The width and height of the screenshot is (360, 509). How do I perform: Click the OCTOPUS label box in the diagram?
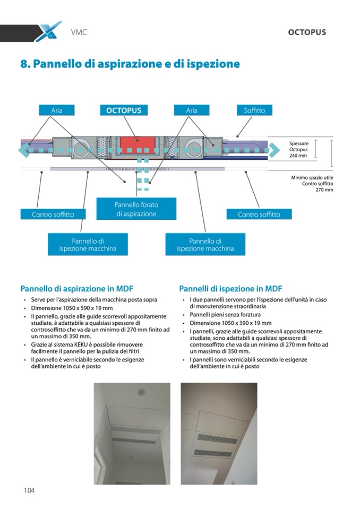pos(124,110)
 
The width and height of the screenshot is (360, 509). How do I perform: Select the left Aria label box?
pos(57,110)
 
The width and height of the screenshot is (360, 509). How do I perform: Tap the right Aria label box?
pos(192,110)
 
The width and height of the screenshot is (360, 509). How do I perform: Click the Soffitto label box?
pos(254,110)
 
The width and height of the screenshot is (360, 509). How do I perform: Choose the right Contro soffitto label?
pos(260,214)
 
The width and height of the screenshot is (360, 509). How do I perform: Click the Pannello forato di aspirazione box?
pos(136,209)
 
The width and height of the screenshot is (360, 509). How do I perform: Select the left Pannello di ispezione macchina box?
pos(88,245)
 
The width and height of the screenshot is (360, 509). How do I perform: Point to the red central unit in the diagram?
pos(138,145)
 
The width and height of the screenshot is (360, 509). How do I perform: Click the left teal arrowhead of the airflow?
pos(23,151)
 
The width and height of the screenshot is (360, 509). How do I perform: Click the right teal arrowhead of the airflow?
pos(274,151)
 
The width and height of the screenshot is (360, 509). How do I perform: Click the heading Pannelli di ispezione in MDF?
pos(230,289)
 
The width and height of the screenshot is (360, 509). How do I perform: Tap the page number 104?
pos(29,490)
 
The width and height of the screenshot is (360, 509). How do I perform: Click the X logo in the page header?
pos(48,32)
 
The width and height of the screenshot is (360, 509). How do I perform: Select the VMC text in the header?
pos(79,32)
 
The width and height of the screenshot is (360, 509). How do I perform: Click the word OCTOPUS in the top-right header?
pos(307,32)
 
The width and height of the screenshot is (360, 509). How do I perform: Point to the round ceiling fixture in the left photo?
pos(141,392)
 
